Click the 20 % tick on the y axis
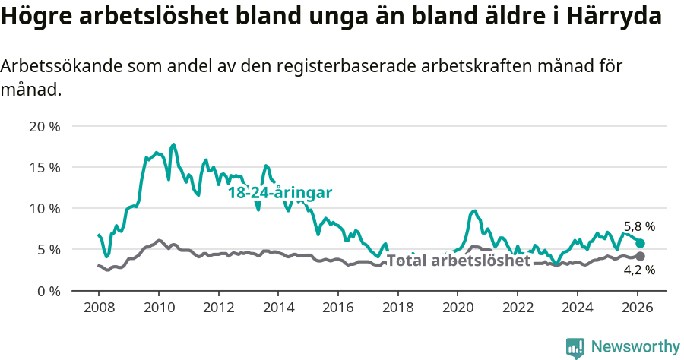pyautogui.click(x=45, y=126)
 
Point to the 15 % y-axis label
pyautogui.click(x=45, y=167)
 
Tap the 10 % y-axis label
pyautogui.click(x=45, y=208)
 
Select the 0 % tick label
pyautogui.click(x=49, y=290)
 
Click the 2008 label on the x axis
pyautogui.click(x=99, y=309)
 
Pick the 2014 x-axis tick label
pyautogui.click(x=278, y=309)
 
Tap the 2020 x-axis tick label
pyautogui.click(x=458, y=309)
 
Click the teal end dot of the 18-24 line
pyautogui.click(x=640, y=243)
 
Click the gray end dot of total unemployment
pyautogui.click(x=640, y=256)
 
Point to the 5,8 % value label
pyautogui.click(x=639, y=226)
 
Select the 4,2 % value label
pyautogui.click(x=639, y=270)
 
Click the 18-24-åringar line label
pyautogui.click(x=280, y=193)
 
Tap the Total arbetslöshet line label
pyautogui.click(x=458, y=261)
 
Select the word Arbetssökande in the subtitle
pyautogui.click(x=55, y=67)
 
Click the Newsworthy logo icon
pyautogui.click(x=575, y=347)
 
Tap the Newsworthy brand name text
pyautogui.click(x=635, y=347)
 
